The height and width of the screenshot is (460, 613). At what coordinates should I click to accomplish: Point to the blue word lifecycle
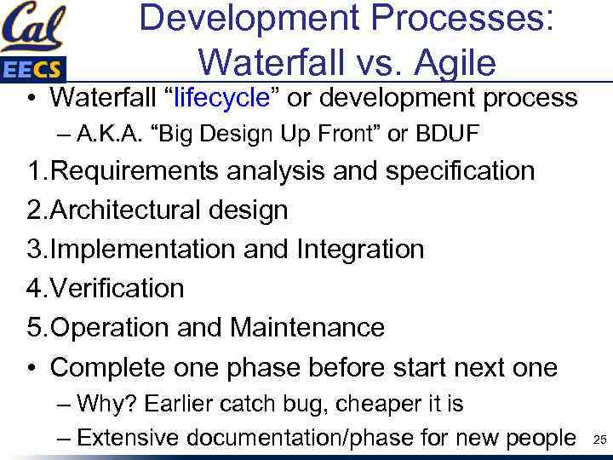click(222, 98)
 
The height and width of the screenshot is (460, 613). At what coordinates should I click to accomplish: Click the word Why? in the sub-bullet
click(102, 403)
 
